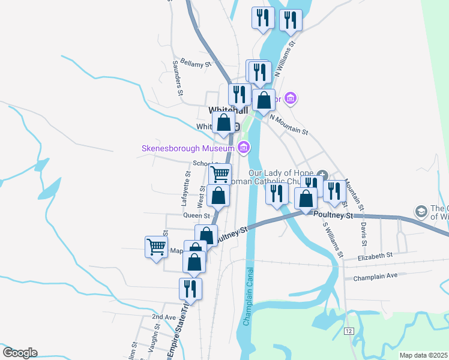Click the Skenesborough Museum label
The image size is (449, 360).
[x=187, y=148]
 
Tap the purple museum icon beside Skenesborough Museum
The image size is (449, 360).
[x=243, y=148]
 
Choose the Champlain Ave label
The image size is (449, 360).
[x=375, y=277]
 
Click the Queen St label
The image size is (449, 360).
[x=197, y=215]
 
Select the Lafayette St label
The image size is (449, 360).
[x=186, y=188]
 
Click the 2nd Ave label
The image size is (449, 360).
[x=163, y=316]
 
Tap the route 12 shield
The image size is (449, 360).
[x=348, y=331]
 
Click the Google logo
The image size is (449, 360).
[x=20, y=353]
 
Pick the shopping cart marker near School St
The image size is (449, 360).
[x=220, y=174]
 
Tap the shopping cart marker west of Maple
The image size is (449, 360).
[x=156, y=246]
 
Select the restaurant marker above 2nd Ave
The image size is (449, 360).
[x=190, y=289]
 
